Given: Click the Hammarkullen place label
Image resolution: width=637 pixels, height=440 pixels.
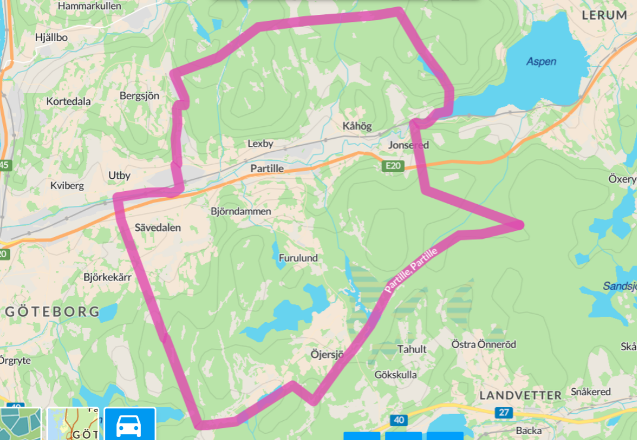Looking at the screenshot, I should [89, 6].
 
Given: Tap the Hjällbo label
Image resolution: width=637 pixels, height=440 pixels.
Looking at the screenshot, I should [52, 37].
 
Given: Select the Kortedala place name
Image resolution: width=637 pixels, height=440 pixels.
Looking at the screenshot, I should [68, 101].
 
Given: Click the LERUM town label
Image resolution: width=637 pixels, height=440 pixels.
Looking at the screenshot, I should [604, 15].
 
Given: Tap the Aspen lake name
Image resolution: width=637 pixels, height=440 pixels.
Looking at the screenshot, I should [541, 61].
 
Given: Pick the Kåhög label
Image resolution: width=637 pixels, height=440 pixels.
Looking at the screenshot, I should [357, 126].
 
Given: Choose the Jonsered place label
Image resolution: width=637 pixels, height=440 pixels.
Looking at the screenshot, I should [408, 145].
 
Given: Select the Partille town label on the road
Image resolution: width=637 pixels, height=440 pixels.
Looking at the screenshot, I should [267, 168].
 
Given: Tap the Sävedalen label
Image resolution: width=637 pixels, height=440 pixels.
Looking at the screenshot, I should [158, 227].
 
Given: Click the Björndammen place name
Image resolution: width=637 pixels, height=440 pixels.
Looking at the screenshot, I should [241, 211].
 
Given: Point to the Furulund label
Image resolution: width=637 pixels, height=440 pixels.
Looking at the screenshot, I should [298, 258].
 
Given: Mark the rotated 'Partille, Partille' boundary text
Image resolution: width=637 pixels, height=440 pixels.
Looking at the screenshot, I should [411, 270].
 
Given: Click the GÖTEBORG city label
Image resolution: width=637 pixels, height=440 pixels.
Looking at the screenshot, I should [52, 311].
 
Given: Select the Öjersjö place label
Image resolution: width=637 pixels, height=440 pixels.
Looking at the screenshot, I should [328, 354].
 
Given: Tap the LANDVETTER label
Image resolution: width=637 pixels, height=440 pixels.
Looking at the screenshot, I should [520, 395].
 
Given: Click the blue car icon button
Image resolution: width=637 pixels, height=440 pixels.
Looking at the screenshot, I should [130, 425].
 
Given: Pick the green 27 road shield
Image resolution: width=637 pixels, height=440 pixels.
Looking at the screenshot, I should [504, 413].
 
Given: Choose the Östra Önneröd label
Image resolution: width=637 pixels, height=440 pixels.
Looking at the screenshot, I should [484, 344].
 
